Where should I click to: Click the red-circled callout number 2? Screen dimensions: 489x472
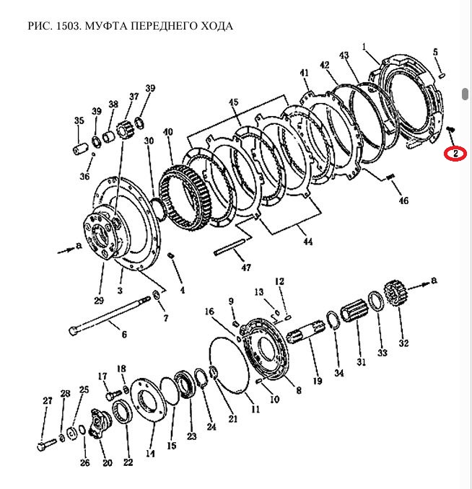[x=455, y=154]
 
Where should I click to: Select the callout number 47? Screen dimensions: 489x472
[x=246, y=268]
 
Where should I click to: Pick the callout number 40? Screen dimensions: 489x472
[x=168, y=133]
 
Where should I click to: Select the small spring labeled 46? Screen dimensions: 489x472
[x=391, y=177]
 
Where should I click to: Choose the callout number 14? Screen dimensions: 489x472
[x=150, y=454]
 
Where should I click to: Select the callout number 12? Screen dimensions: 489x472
[x=279, y=281]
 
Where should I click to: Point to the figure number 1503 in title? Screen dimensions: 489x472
[x=68, y=27]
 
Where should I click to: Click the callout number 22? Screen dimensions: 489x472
[x=128, y=462]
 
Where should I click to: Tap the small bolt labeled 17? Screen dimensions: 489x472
[x=110, y=395]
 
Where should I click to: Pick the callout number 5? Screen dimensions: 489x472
[x=435, y=52]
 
